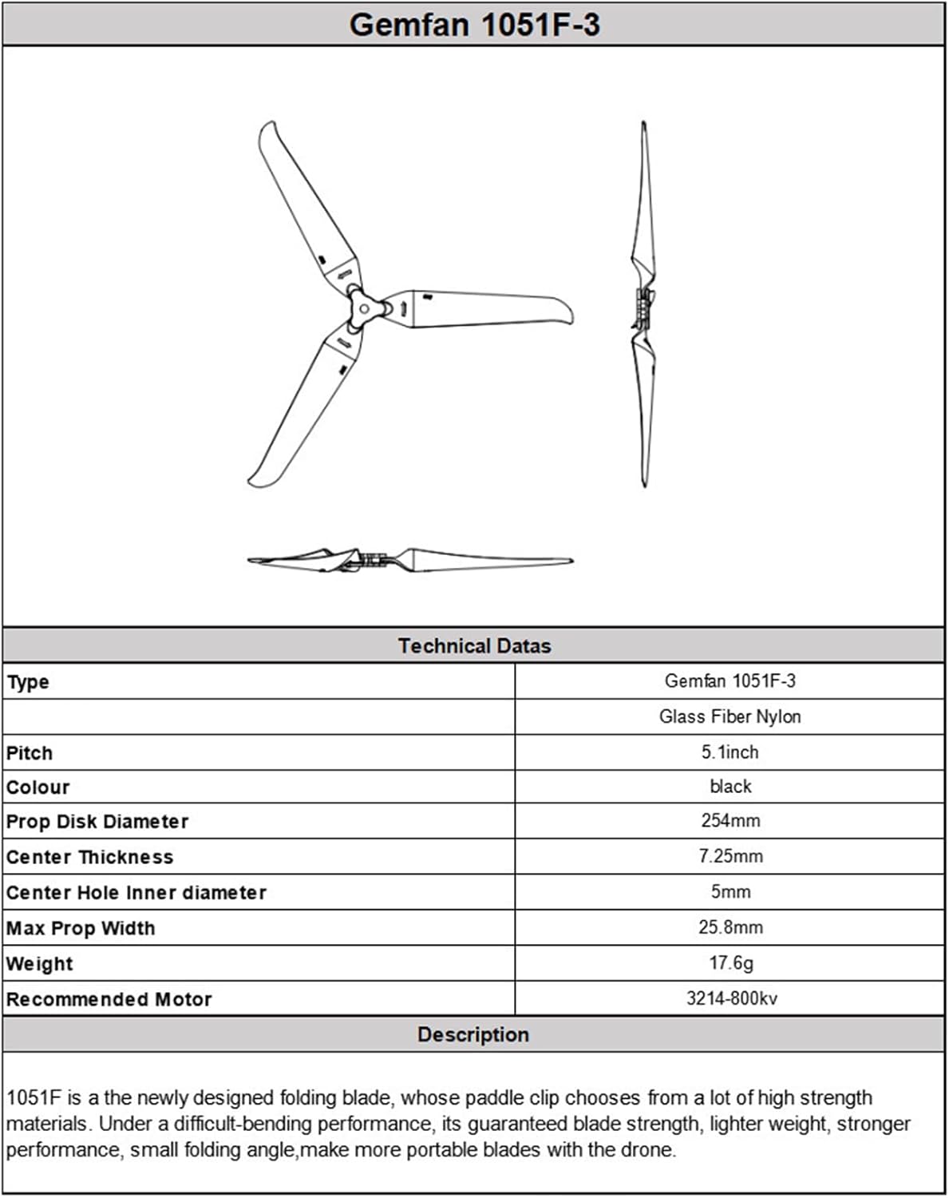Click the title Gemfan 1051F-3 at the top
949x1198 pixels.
[x=474, y=25]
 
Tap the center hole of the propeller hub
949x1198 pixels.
[x=364, y=308]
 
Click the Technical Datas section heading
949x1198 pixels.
[x=474, y=646]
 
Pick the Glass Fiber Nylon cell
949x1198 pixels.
[x=730, y=716]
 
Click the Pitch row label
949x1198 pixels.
[x=30, y=753]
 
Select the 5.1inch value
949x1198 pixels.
[x=730, y=752]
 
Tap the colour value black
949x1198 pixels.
[x=730, y=787]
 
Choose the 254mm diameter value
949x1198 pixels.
[x=730, y=821]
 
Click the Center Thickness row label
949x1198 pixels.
[x=89, y=857]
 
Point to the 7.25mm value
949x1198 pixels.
[x=730, y=856]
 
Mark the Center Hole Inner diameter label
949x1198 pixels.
[x=136, y=892]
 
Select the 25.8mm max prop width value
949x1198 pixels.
[x=730, y=927]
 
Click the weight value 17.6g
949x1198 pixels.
[x=730, y=963]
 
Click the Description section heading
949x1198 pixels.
[x=473, y=1035]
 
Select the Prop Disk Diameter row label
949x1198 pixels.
[x=97, y=822]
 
